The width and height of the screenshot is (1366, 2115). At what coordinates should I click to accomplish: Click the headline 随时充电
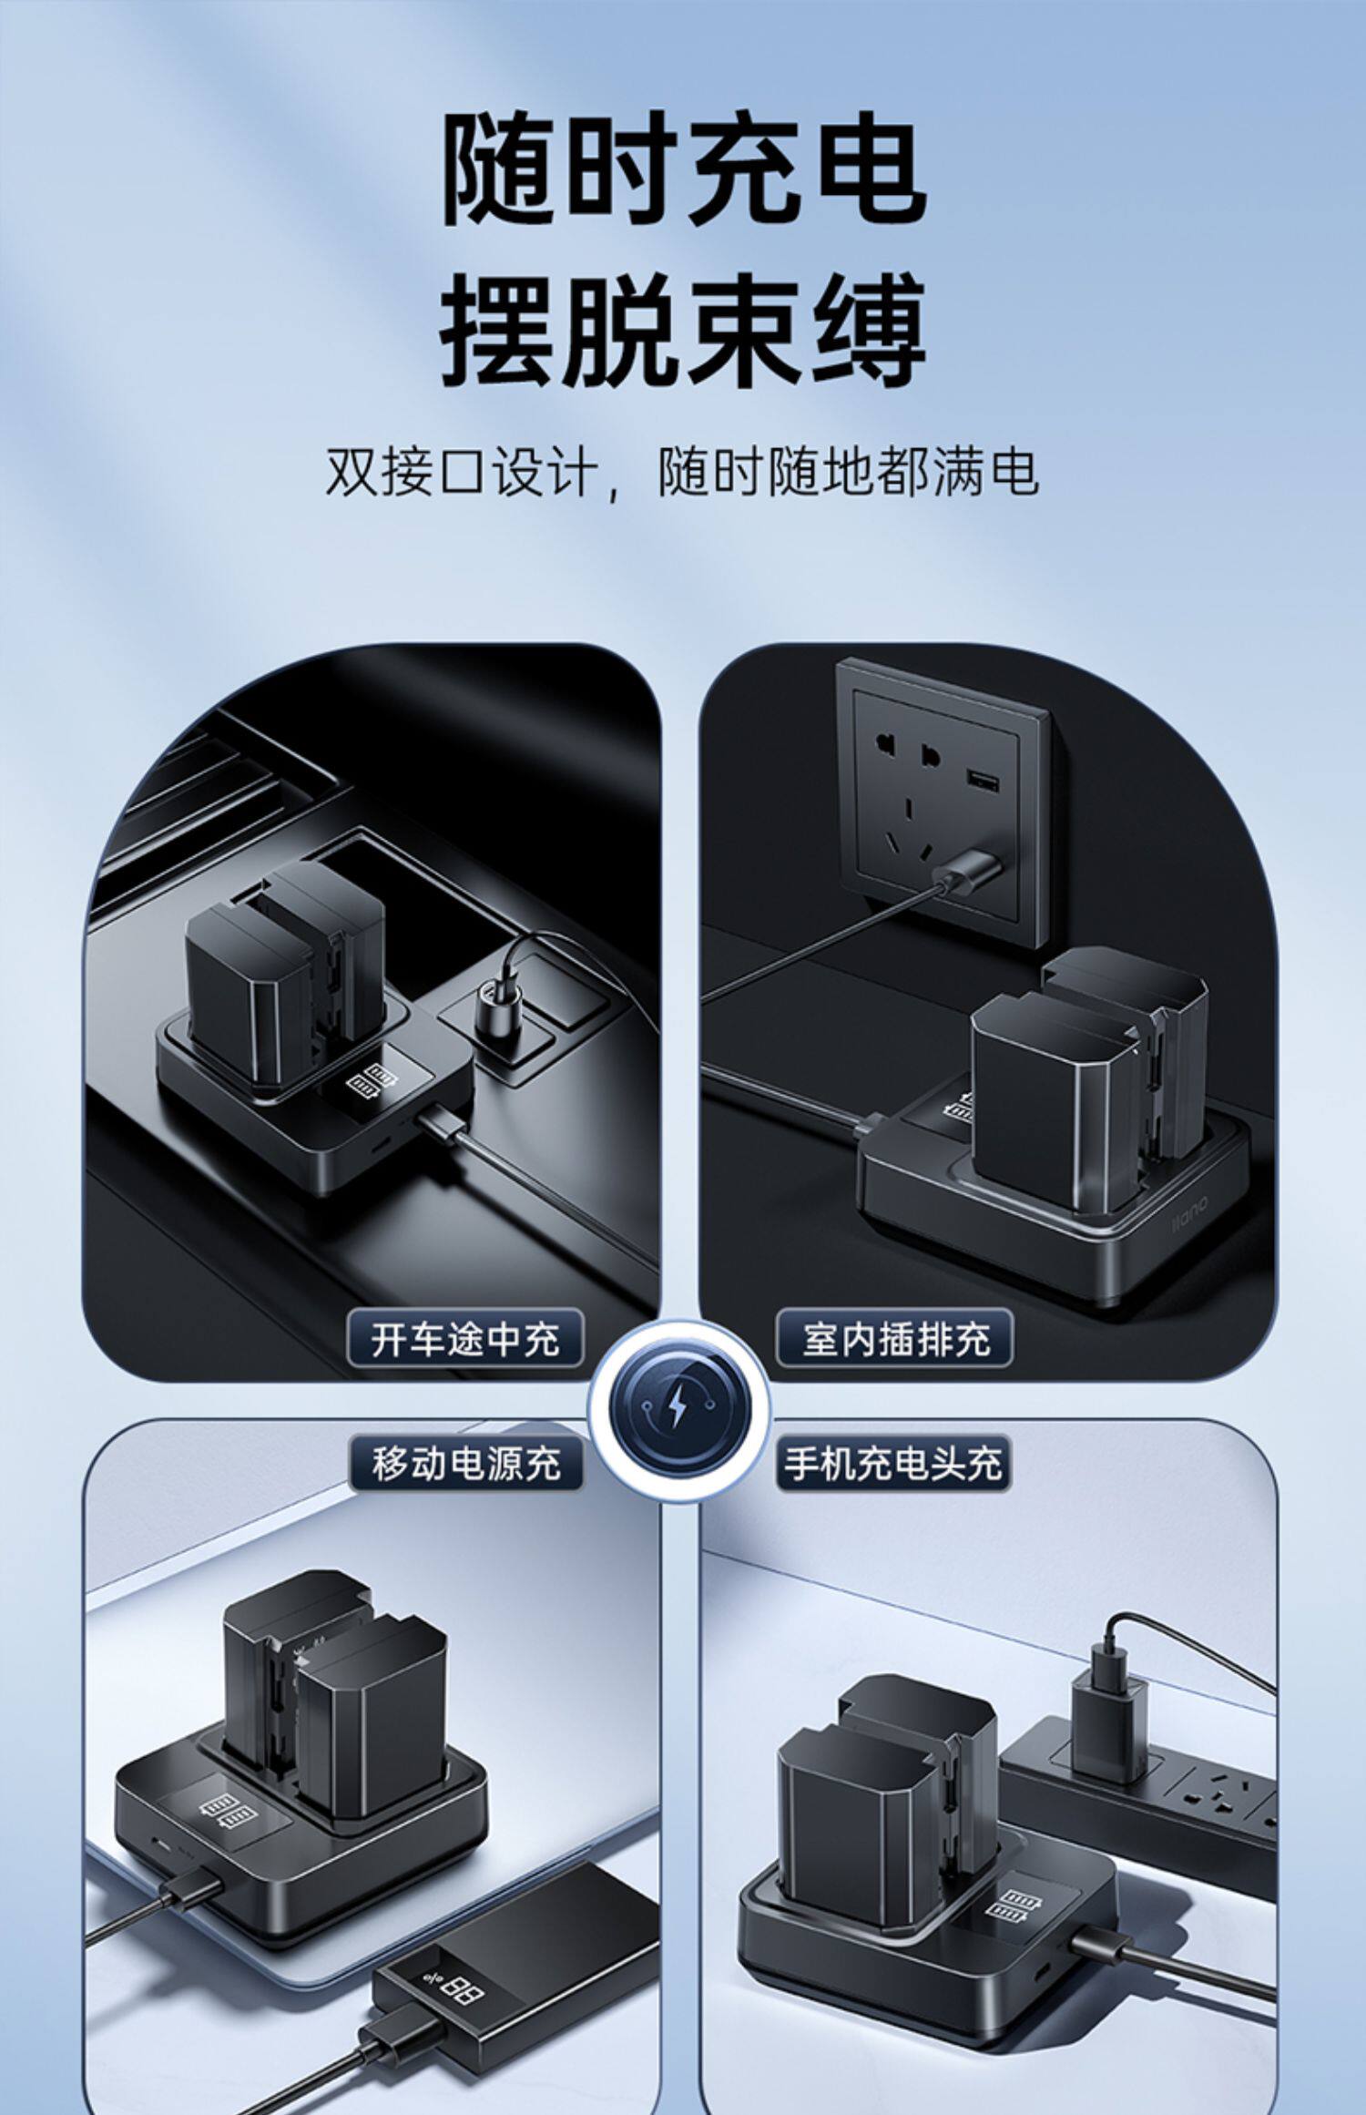pos(683,169)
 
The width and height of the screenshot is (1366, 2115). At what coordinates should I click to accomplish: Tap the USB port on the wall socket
pos(981,779)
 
